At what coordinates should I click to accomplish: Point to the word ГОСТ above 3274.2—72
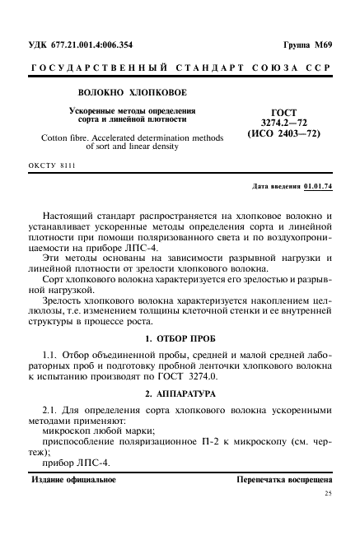click(278, 111)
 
